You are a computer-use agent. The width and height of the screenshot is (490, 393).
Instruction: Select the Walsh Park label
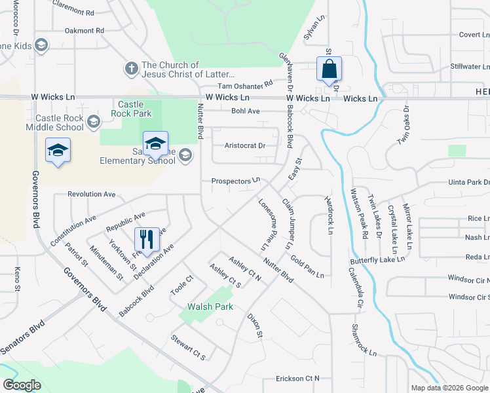206,306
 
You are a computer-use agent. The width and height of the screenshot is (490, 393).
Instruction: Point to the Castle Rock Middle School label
54,122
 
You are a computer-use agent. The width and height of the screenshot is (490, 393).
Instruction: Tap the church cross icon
130,68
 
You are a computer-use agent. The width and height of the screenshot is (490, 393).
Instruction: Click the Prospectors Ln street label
235,181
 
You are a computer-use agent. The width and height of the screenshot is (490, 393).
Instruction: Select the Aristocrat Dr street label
244,145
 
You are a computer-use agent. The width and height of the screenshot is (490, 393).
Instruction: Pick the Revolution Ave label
92,195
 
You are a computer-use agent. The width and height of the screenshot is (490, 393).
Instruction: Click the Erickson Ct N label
297,379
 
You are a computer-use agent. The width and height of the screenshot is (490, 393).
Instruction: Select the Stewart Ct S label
189,348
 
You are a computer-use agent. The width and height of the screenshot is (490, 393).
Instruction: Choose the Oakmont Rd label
85,31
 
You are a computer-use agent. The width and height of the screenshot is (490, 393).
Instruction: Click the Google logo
22,385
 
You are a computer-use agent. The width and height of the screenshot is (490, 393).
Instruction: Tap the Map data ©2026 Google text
449,388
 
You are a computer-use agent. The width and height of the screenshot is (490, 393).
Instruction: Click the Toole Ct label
181,288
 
